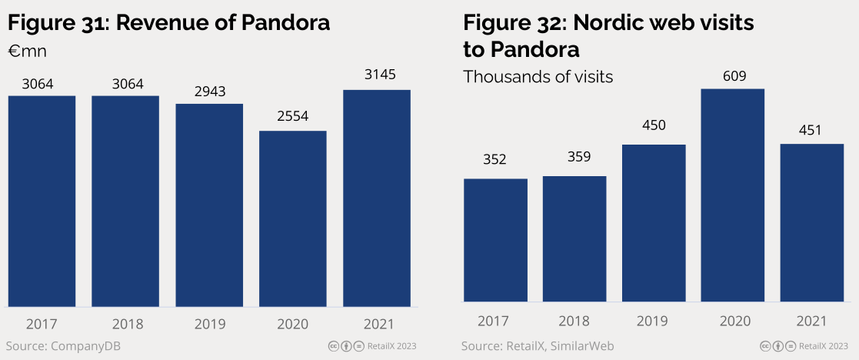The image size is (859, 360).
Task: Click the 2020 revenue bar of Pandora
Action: point(293,218)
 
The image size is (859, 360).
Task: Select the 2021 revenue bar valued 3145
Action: point(377,198)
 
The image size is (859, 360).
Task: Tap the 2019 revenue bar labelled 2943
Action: point(209,205)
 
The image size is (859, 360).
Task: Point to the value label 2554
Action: point(293,118)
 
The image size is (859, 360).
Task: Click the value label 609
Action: point(734,76)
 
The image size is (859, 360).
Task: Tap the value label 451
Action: point(811,131)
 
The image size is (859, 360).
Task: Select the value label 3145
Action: point(377,75)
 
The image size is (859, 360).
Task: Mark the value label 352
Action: point(494,160)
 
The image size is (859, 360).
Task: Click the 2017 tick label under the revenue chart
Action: point(42,324)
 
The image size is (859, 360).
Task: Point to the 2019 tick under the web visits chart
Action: point(654,321)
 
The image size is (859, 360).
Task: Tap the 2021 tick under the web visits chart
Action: point(811,321)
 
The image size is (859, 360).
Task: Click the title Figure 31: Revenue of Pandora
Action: point(169,22)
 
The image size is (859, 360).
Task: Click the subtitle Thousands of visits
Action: point(538,77)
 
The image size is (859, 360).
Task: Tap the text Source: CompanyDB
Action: point(64,346)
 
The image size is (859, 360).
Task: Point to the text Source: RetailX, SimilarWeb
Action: point(538,346)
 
